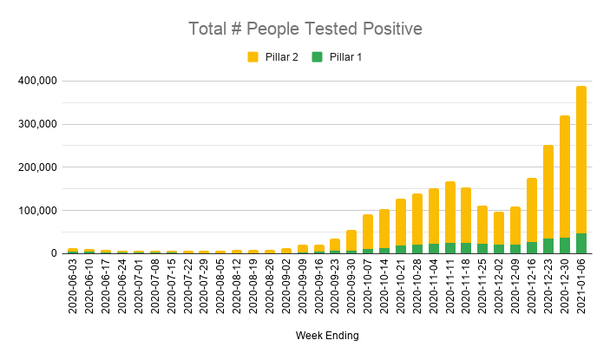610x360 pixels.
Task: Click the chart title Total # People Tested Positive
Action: pyautogui.click(x=305, y=29)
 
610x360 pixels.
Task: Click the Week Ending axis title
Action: pyautogui.click(x=325, y=335)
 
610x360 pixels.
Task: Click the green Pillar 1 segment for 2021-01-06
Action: pyautogui.click(x=580, y=244)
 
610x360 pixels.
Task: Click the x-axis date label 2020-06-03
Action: pyautogui.click(x=73, y=289)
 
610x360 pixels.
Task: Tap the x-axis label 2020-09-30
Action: pyautogui.click(x=351, y=289)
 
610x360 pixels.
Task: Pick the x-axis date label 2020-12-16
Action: pyautogui.click(x=532, y=289)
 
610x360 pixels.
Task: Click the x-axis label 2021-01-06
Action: pyautogui.click(x=581, y=289)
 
